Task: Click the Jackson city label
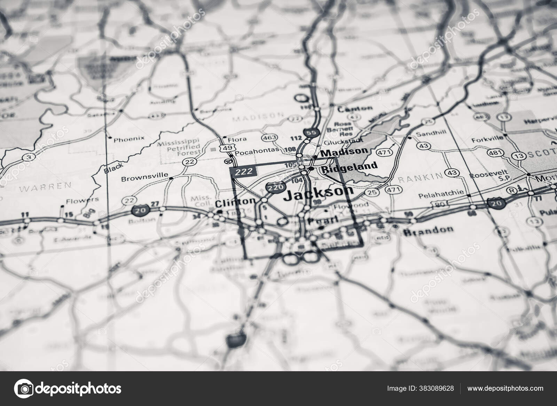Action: point(318,194)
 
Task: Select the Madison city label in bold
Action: point(344,152)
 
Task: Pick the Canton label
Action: point(355,109)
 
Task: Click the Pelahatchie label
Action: point(447,192)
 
